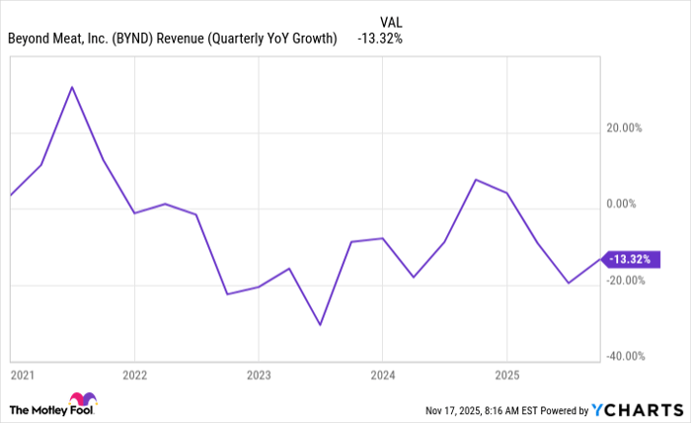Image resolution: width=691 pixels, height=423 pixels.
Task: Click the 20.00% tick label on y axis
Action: tap(623, 128)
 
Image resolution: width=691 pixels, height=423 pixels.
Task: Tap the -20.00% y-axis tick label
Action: tap(623, 280)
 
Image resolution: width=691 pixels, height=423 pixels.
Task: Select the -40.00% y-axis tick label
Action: tap(623, 356)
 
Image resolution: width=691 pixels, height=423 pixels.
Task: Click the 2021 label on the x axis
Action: tap(22, 376)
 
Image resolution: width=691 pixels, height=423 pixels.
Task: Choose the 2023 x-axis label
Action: tap(258, 376)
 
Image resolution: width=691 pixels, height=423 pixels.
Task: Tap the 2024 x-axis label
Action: tap(382, 376)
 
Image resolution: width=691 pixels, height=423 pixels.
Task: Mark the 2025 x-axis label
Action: tap(506, 376)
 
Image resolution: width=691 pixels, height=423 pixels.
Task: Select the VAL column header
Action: tap(392, 21)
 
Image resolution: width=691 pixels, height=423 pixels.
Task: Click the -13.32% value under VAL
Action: tap(380, 40)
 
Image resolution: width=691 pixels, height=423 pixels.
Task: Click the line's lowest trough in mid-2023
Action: tap(320, 324)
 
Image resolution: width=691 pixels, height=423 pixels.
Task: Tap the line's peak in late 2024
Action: tap(476, 180)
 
